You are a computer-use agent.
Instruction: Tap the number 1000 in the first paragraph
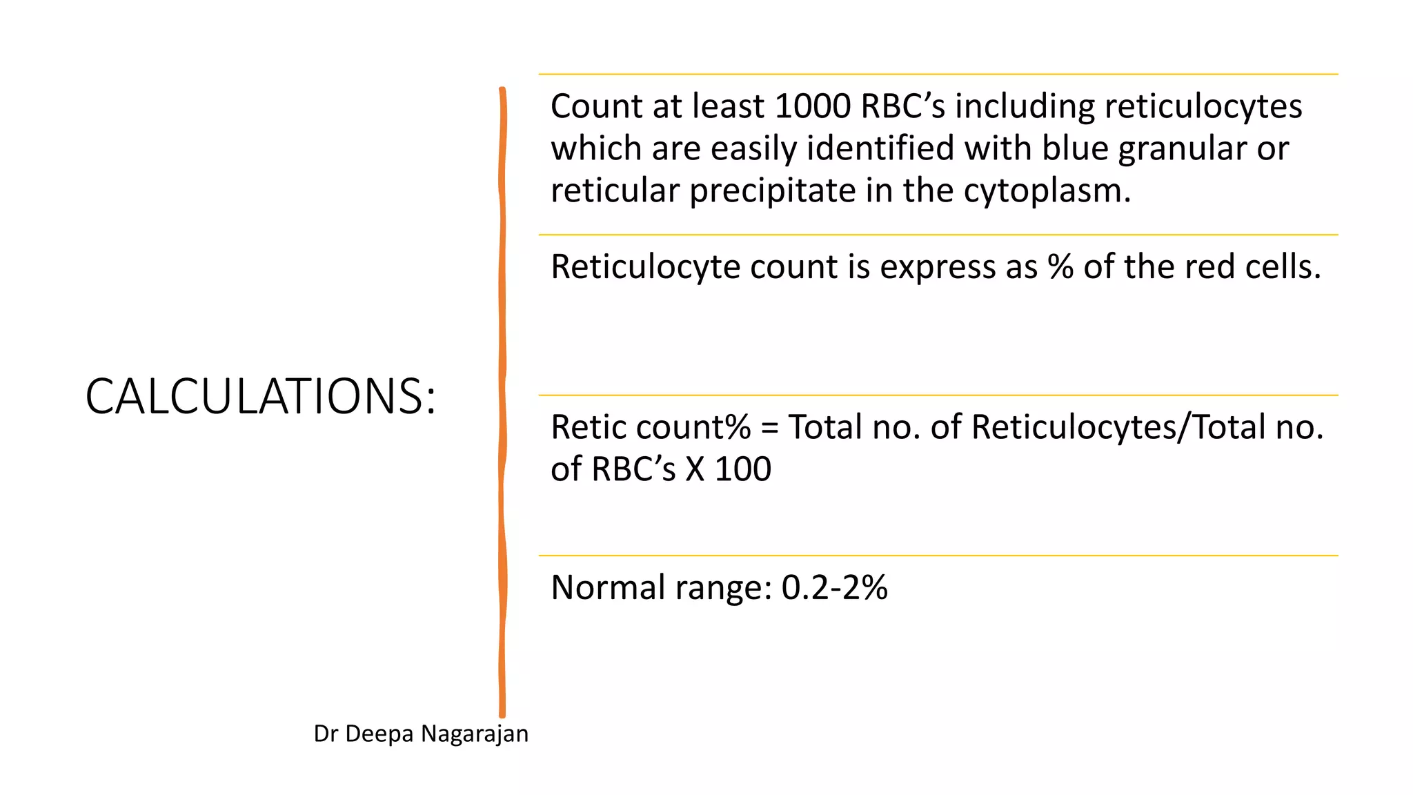[812, 106]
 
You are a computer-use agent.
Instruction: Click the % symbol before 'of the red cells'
[1060, 267]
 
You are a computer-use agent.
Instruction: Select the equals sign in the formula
[769, 428]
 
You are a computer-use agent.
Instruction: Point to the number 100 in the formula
[742, 469]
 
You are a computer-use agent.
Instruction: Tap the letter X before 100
[695, 469]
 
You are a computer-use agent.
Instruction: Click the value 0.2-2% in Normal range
[834, 588]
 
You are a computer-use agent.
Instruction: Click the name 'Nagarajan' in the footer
[475, 734]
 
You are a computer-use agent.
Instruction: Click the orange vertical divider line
[502, 400]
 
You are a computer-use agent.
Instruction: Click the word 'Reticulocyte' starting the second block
[645, 267]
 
